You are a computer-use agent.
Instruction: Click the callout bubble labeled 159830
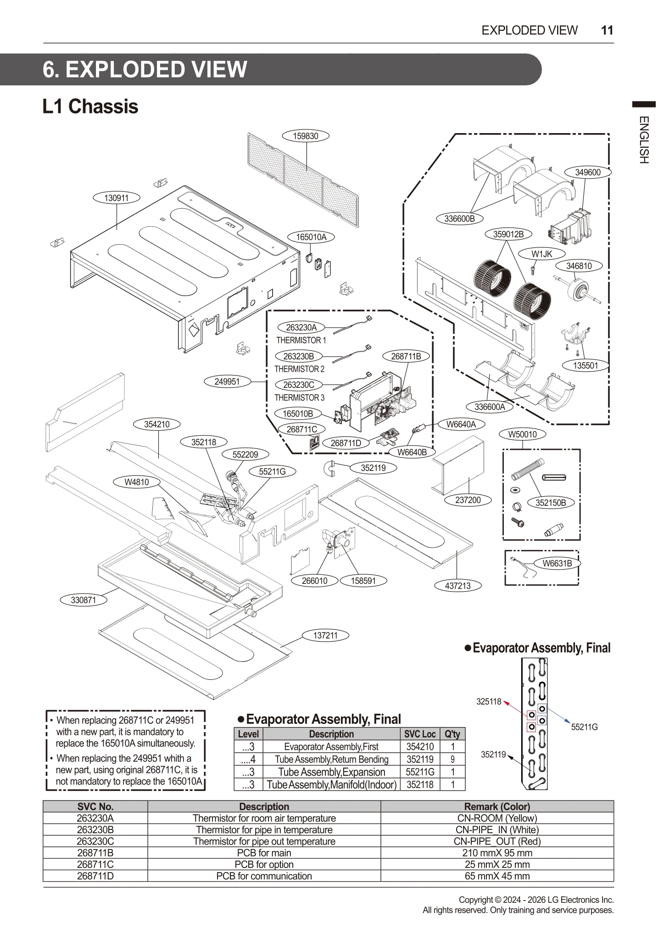pos(306,136)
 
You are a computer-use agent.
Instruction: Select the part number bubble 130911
pos(117,198)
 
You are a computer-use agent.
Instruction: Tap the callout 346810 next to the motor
pos(579,266)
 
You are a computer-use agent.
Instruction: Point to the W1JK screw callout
pos(541,254)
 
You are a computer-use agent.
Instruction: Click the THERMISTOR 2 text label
pos(299,369)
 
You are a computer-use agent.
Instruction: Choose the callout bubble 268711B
pos(406,356)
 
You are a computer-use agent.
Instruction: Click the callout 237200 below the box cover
pos(468,500)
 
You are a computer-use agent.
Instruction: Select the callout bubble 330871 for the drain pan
pos(84,600)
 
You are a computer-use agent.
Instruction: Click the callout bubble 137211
pos(325,635)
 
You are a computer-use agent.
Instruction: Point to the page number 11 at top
pos(607,30)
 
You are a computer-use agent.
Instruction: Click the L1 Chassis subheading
pos(90,106)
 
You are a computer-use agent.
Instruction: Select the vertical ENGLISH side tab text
pos(644,140)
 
